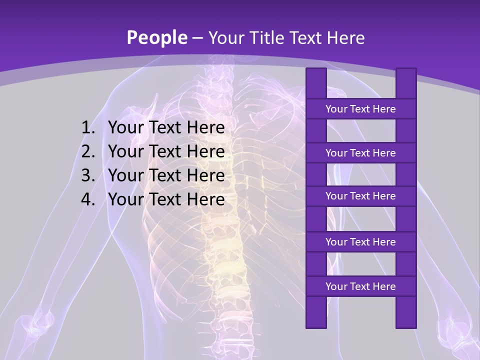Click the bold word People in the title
(x=156, y=37)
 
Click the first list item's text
(x=166, y=128)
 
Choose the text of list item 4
(x=166, y=199)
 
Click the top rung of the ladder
(x=360, y=109)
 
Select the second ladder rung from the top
(x=360, y=153)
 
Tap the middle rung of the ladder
(x=360, y=196)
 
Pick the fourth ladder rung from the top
(x=360, y=242)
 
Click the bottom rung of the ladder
(x=360, y=286)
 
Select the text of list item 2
(x=166, y=151)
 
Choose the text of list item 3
(x=166, y=175)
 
